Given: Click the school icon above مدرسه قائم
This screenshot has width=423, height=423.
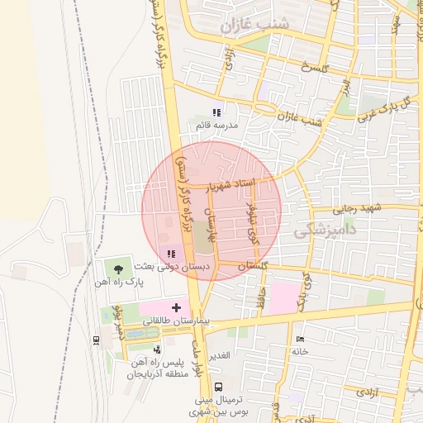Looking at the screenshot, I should [216, 112].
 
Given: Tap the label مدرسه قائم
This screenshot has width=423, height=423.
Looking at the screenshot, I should [217, 126].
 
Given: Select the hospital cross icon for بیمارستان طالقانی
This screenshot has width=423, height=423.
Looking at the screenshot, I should [176, 307].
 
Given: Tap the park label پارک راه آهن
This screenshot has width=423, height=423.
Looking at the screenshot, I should [119, 282].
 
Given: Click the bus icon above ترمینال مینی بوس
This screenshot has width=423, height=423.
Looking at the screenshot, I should [218, 387].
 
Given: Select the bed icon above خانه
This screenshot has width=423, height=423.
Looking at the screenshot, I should [299, 339].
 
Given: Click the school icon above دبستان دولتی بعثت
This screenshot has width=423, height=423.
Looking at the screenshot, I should [171, 254].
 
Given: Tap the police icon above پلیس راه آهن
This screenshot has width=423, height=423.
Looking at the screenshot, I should [158, 350].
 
